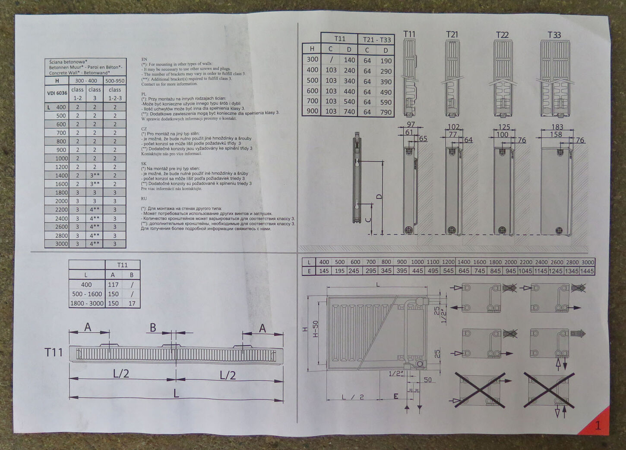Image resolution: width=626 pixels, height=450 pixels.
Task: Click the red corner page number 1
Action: (x=598, y=425)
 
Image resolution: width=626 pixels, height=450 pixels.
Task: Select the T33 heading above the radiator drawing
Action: (x=554, y=34)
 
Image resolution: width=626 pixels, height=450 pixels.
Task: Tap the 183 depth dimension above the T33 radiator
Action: (x=557, y=127)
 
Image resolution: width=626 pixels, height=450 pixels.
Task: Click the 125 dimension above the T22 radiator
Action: (x=504, y=127)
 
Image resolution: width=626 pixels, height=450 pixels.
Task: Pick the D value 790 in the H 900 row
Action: (x=386, y=112)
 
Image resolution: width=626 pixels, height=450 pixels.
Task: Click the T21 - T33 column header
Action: (x=376, y=40)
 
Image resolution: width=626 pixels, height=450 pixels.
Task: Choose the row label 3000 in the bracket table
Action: (x=61, y=244)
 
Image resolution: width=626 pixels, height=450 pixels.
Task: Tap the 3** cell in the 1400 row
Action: (x=95, y=175)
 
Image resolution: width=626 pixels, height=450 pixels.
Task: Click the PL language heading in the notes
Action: (x=144, y=93)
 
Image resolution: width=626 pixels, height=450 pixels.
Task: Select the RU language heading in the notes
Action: (x=144, y=199)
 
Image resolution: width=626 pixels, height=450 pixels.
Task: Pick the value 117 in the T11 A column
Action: (x=113, y=284)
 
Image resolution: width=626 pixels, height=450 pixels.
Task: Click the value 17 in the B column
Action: (x=132, y=303)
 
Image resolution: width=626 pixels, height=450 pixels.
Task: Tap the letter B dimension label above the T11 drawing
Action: (x=153, y=328)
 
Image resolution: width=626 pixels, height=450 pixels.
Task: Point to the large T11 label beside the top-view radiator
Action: (x=54, y=353)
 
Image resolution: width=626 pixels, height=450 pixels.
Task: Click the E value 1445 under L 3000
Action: (x=588, y=271)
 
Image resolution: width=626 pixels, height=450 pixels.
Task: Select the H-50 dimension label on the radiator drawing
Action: (x=315, y=329)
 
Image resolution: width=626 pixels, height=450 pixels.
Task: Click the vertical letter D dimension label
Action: (x=379, y=197)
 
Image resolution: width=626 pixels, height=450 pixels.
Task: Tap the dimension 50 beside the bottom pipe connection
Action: (x=427, y=380)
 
